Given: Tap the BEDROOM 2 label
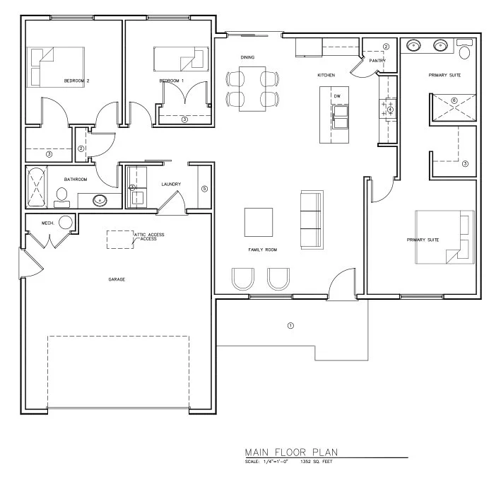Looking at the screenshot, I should [76, 81].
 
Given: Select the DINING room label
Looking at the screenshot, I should [247, 57].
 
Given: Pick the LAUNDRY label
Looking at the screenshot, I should [171, 185].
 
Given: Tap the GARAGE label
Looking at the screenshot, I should [117, 280].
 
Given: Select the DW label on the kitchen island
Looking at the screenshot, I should [337, 95].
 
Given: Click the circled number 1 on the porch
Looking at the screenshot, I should [289, 326].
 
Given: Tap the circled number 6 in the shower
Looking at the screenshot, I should [454, 100].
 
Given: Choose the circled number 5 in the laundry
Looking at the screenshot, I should [204, 189].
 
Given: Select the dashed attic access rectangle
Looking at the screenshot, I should [120, 239].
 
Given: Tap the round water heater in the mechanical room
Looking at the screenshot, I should [66, 223].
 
